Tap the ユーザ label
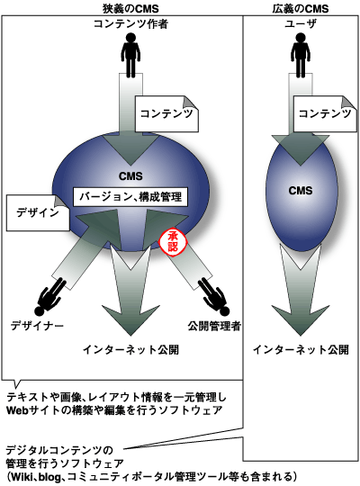click(x=300, y=22)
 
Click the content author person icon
click(x=131, y=53)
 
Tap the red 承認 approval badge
click(x=171, y=241)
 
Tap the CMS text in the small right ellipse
click(x=300, y=191)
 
